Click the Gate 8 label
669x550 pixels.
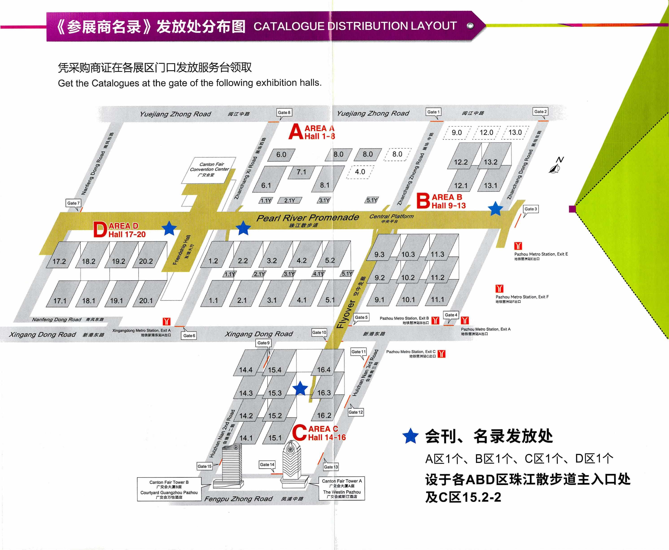284,113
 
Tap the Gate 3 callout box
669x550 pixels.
530,209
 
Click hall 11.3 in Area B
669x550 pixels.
437,254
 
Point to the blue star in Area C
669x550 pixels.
300,388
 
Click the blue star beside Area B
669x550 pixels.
495,209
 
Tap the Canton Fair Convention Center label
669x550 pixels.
209,169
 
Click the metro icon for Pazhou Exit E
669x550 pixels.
518,246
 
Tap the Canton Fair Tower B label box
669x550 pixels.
169,489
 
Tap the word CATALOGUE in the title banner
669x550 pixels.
289,26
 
